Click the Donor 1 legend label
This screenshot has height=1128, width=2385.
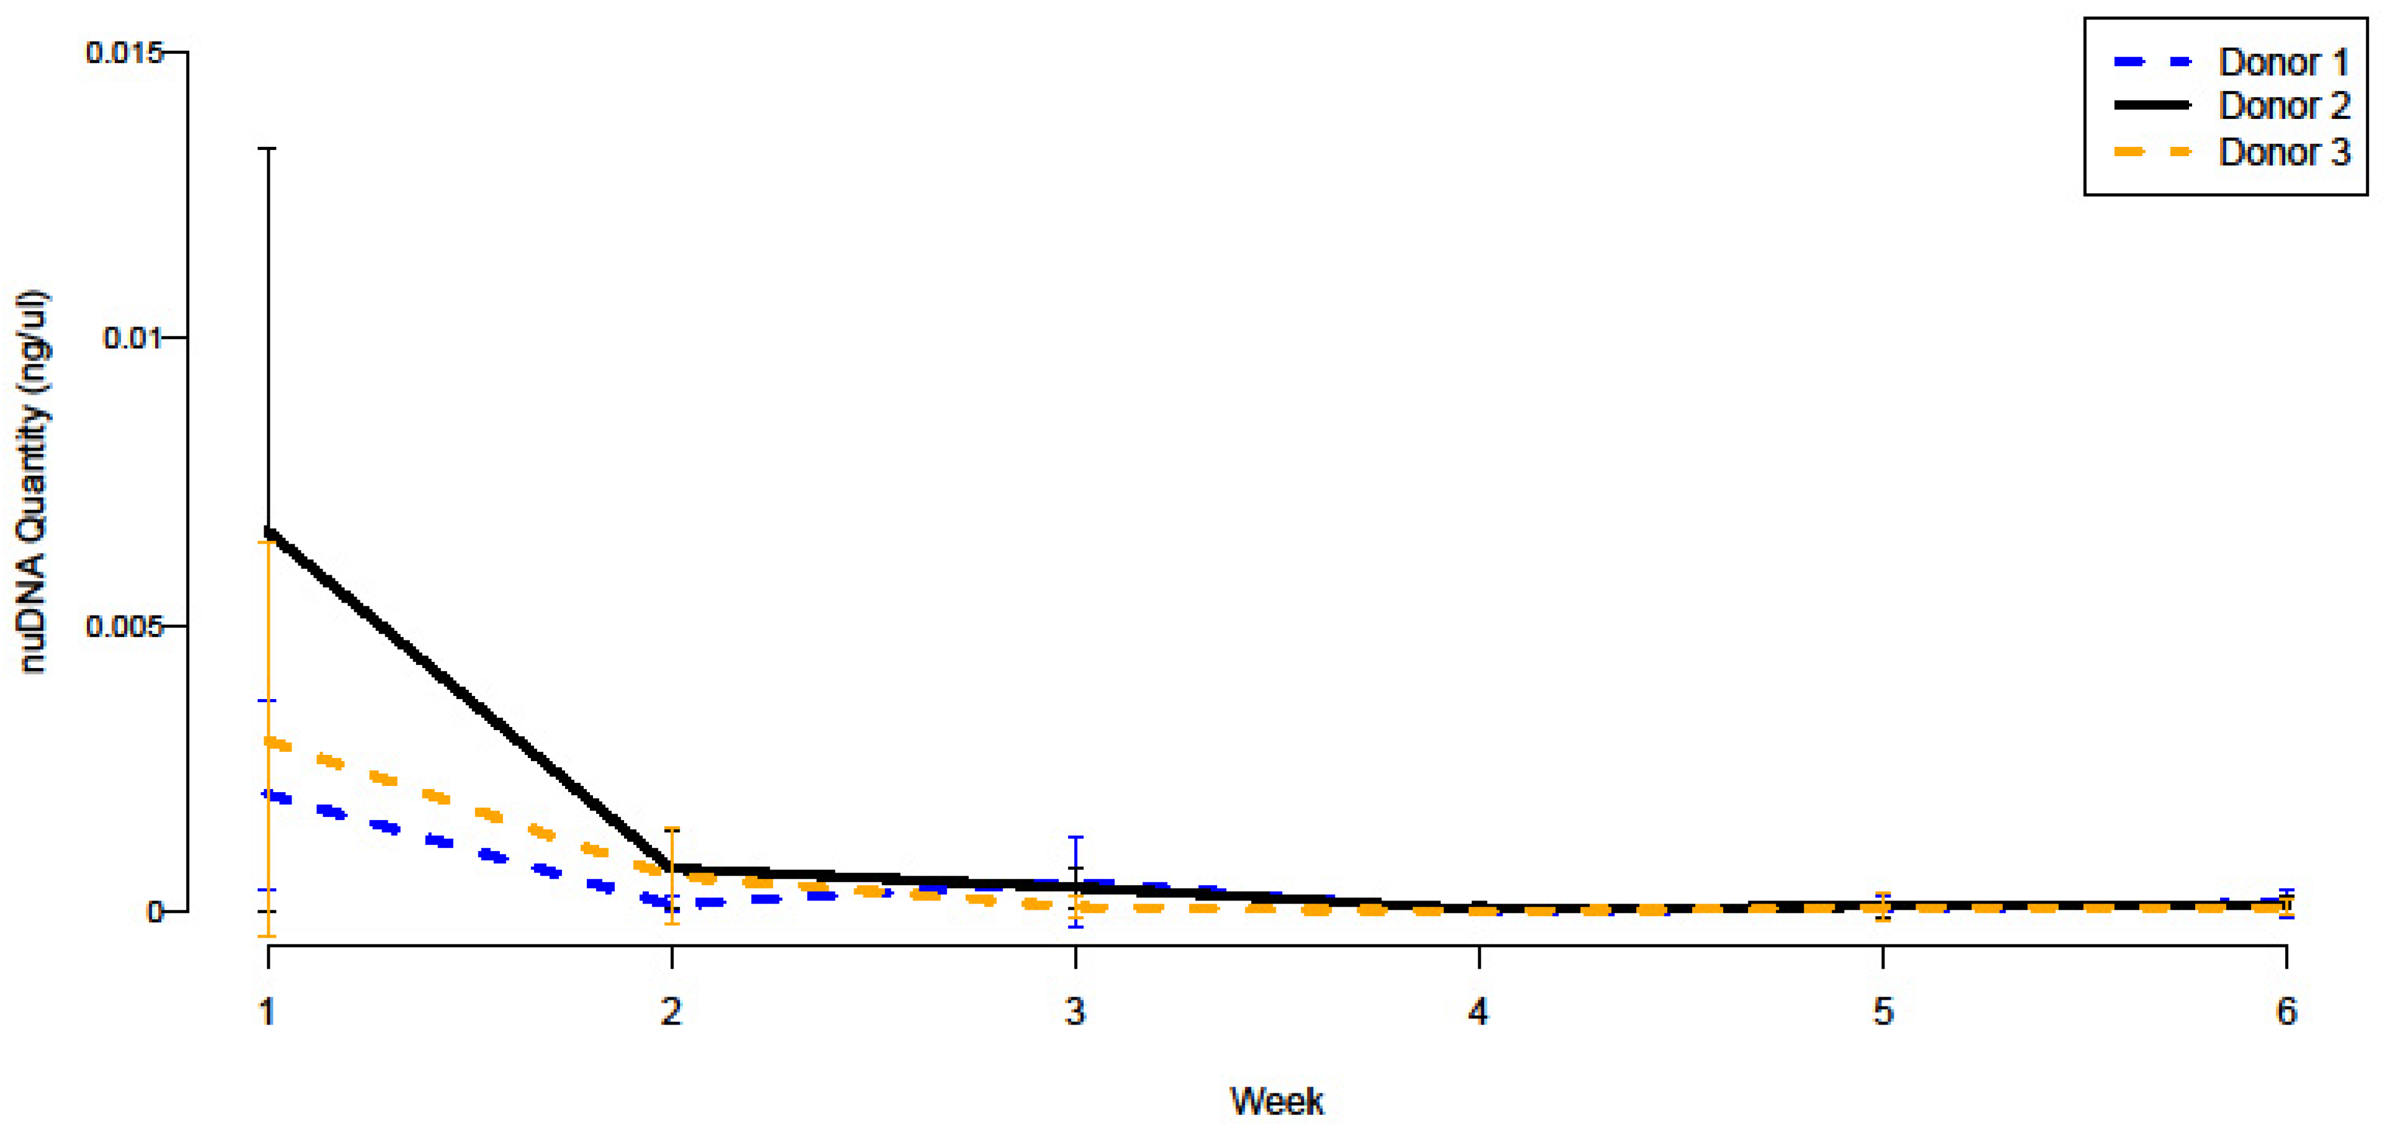pos(2283,63)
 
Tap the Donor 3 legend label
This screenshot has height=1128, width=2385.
pos(2283,152)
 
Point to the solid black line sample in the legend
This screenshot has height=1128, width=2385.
pos(2152,105)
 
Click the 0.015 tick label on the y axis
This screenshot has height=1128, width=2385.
pos(123,53)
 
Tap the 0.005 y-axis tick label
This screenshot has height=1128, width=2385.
pos(123,627)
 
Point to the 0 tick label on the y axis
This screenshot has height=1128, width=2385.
pos(154,912)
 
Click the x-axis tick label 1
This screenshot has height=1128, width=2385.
pos(267,1011)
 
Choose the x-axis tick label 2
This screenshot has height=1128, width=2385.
pos(671,1011)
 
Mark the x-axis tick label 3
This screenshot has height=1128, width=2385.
pos(1075,1011)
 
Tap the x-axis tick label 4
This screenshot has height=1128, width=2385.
pos(1479,1011)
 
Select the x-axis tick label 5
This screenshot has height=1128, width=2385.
pos(1883,1011)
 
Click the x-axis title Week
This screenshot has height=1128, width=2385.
pos(1276,1101)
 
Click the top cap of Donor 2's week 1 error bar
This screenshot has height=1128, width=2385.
pos(269,148)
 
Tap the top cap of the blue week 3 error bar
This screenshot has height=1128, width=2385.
pos(1076,837)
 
